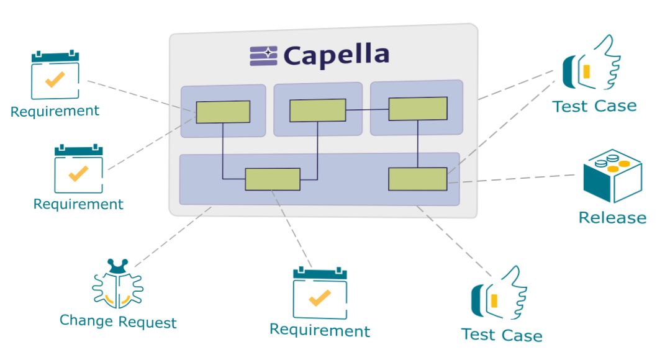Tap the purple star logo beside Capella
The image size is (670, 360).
(x=263, y=55)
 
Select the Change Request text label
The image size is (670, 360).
(x=118, y=322)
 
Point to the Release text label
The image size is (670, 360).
(x=612, y=218)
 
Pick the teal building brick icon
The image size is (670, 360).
(x=612, y=176)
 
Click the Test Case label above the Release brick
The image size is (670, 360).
(x=594, y=106)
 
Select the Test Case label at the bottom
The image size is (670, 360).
(x=502, y=335)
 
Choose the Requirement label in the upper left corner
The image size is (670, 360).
(x=55, y=112)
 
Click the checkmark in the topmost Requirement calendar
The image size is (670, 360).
(x=55, y=79)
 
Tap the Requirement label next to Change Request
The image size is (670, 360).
(x=320, y=331)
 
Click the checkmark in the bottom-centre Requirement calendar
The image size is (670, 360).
(x=320, y=298)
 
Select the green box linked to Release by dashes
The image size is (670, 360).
(x=418, y=179)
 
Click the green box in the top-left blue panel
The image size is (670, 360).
(x=223, y=112)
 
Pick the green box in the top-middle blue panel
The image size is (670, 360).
(x=317, y=110)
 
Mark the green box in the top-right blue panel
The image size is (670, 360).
(x=418, y=109)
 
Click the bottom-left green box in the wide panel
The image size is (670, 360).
(x=273, y=179)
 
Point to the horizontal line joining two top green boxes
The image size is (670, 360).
(x=367, y=110)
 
